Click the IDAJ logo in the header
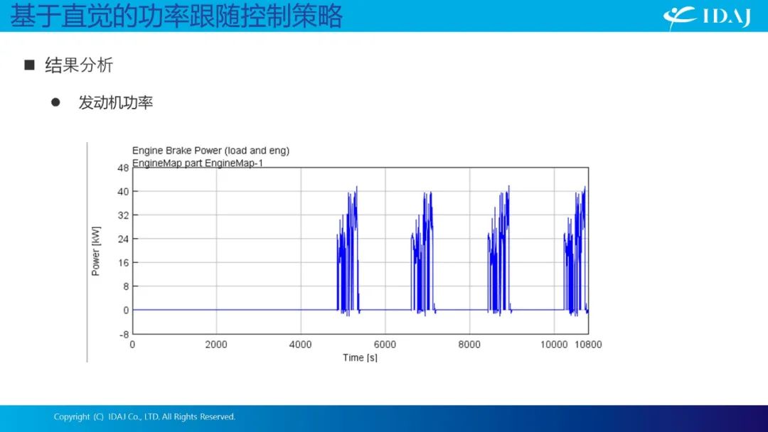point(707,17)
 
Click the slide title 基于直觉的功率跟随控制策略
point(176,16)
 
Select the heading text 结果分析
point(79,65)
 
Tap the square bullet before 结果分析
point(29,65)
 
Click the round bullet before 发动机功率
point(55,102)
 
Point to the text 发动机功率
point(116,102)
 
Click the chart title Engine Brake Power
point(210,151)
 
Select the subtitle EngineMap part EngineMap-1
point(198,163)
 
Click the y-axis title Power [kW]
point(95,251)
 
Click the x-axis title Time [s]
point(360,357)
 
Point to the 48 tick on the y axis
point(123,168)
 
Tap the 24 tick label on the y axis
point(123,239)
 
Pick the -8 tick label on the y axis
point(124,335)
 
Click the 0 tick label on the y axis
point(126,310)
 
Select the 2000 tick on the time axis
point(216,345)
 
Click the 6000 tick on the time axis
point(385,345)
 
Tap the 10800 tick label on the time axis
point(588,345)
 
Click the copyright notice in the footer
point(144,417)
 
